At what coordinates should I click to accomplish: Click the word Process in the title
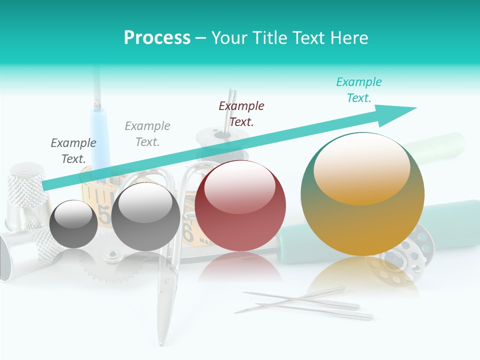[157, 38]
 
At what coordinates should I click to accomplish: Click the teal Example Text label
[358, 90]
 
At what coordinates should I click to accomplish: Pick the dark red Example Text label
[241, 114]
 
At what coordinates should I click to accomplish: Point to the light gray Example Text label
[147, 134]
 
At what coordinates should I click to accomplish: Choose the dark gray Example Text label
[73, 151]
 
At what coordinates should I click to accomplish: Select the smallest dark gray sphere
[73, 224]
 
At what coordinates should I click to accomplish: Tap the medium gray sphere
[145, 216]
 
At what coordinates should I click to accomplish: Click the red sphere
[240, 205]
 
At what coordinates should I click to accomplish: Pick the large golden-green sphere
[362, 194]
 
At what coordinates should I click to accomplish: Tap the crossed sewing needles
[305, 303]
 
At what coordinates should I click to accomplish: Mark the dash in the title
[200, 38]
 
